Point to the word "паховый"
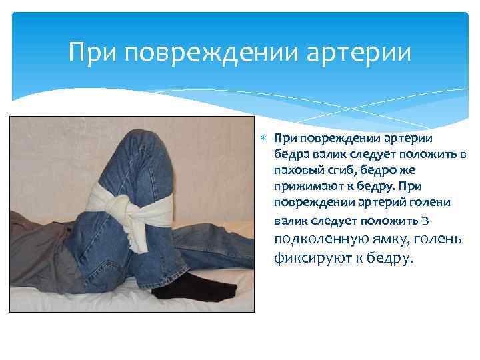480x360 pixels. [x=295, y=170]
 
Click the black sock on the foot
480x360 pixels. [x=206, y=285]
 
